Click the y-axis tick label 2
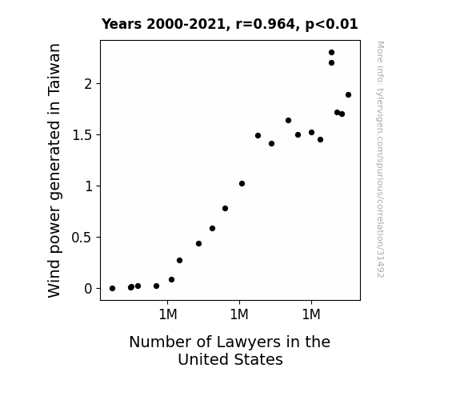click(x=88, y=84)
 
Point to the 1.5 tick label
click(x=82, y=135)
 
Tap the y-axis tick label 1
click(x=89, y=186)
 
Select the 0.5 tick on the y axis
click(x=82, y=238)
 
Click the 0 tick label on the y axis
click(x=88, y=289)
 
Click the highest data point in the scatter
click(x=331, y=53)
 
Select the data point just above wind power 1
click(x=242, y=184)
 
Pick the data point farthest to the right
click(x=348, y=94)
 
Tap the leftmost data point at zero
click(x=112, y=289)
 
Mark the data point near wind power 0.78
click(x=225, y=208)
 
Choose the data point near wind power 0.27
click(x=179, y=260)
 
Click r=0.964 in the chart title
click(x=266, y=24)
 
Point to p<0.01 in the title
click(x=331, y=24)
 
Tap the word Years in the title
click(x=122, y=24)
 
